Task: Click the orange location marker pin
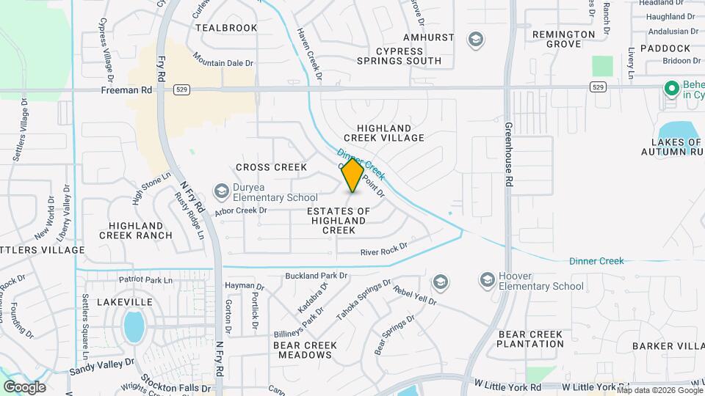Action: tap(353, 175)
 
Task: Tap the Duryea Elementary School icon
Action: tap(221, 191)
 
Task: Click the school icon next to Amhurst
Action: tap(475, 39)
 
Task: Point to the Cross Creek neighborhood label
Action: tap(271, 167)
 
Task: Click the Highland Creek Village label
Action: tap(390, 133)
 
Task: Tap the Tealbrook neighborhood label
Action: tap(226, 28)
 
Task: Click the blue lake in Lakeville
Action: tap(133, 326)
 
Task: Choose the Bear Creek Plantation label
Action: tap(531, 339)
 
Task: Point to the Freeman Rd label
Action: tap(126, 89)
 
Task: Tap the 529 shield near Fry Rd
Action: tap(181, 89)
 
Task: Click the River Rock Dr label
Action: tap(383, 251)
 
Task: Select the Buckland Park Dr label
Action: tap(317, 276)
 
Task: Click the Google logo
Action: tap(24, 386)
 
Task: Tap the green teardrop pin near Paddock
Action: tap(670, 89)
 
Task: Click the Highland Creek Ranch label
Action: tap(140, 230)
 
